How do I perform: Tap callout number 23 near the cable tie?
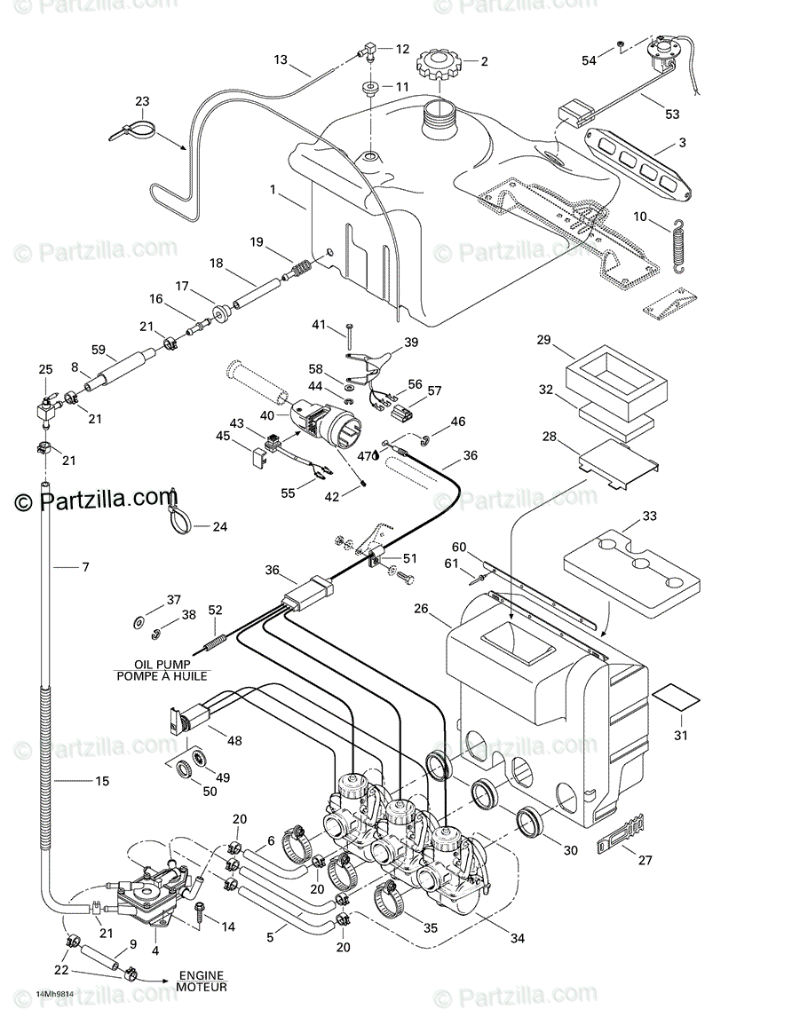pos(143,101)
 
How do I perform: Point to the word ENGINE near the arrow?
pos(201,974)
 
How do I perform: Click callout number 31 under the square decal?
pos(682,734)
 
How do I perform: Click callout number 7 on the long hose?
pos(85,566)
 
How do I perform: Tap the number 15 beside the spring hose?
pos(102,782)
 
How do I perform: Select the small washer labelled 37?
pos(139,619)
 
